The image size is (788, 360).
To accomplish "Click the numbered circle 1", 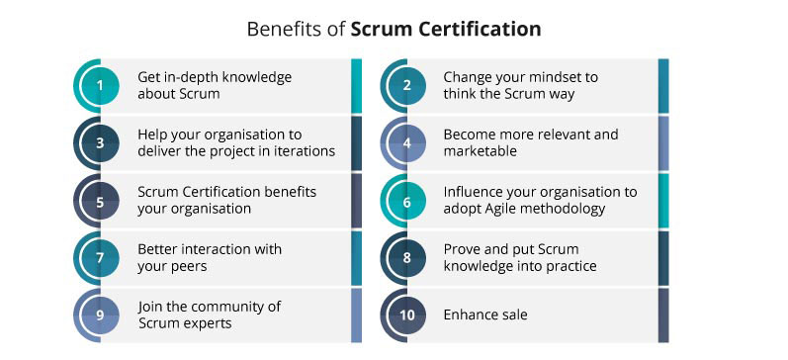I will coord(100,85).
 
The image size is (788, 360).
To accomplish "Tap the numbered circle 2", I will coord(406,85).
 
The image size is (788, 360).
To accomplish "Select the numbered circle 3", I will coord(100,142).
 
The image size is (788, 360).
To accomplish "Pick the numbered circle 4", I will coord(406,142).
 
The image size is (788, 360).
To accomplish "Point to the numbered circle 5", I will coord(100,200).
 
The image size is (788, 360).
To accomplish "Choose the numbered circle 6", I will coord(406,200).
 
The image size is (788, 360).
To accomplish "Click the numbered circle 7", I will coord(100,257).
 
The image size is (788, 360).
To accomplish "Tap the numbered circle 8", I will coord(406,257).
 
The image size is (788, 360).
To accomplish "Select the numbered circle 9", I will coord(100,315).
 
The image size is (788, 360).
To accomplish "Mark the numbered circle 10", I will coord(406,315).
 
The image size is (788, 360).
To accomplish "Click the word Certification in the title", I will coord(482,30).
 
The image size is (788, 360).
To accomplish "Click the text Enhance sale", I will coord(485,315).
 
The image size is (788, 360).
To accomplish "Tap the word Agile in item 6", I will coord(507,209).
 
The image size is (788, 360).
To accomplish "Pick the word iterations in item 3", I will coord(302,151).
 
